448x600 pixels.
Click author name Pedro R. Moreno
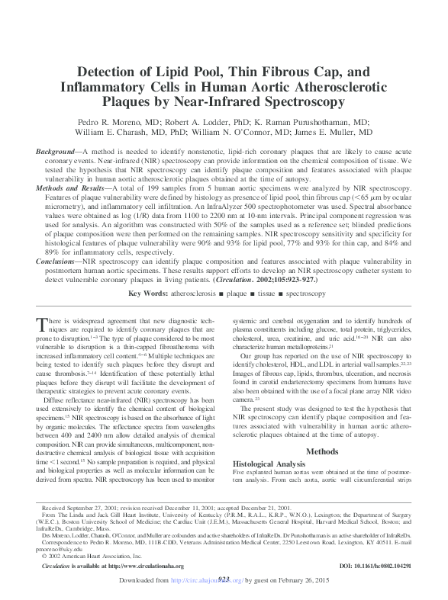click(x=127, y=121)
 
